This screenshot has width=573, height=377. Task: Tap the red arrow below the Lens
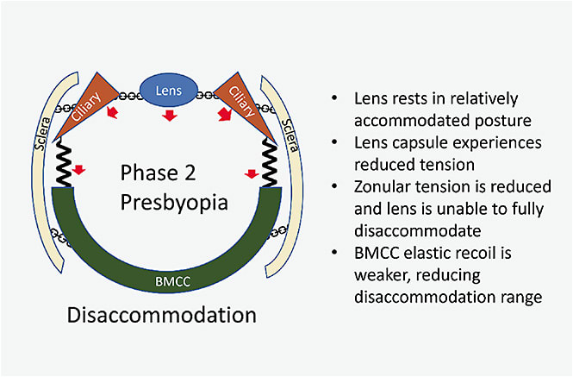(x=170, y=116)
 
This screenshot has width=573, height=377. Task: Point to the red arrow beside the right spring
(x=252, y=173)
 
